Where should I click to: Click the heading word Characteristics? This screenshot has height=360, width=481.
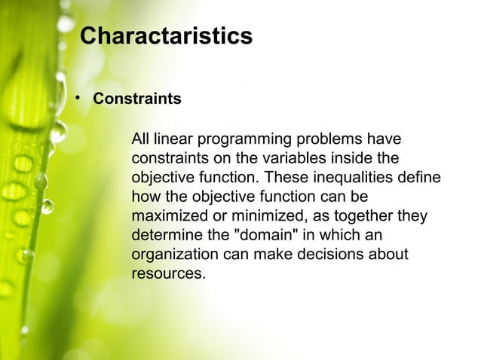(x=166, y=36)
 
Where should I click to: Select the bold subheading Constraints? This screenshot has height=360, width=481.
(x=136, y=99)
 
